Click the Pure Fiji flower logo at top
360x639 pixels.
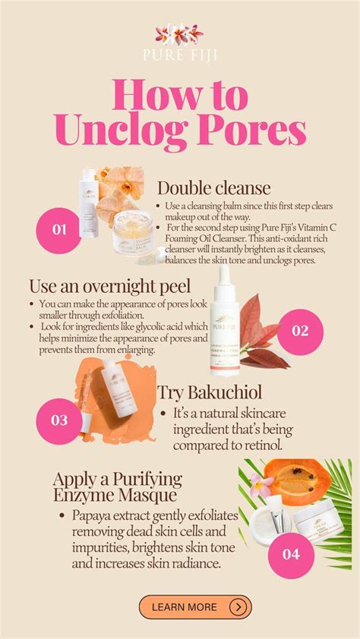179,33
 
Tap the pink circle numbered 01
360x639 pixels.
59,228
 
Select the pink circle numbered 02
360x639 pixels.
300,330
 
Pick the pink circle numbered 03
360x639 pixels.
59,420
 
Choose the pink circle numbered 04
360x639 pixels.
292,553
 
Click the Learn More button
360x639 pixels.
194,607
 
